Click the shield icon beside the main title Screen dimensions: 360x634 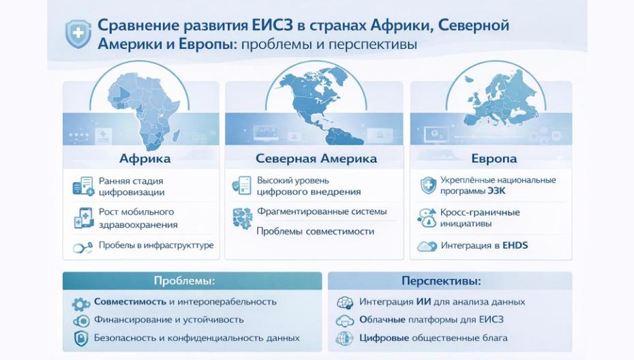pos(78,33)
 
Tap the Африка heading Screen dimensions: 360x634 pos(144,159)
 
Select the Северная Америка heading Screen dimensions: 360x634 pos(316,159)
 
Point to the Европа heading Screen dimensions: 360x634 pos(494,159)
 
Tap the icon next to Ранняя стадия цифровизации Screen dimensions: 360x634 pos(82,186)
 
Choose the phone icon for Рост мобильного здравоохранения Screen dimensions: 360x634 pos(82,217)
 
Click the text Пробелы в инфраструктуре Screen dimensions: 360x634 pos(156,245)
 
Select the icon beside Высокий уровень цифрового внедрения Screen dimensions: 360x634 pos(241,186)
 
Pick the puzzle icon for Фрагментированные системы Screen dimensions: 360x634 pos(241,217)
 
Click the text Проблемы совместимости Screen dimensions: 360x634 pos(315,231)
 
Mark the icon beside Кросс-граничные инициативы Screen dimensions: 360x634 pos(427,217)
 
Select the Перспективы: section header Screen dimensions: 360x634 pos(451,281)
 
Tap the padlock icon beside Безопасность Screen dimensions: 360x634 pos(81,338)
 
